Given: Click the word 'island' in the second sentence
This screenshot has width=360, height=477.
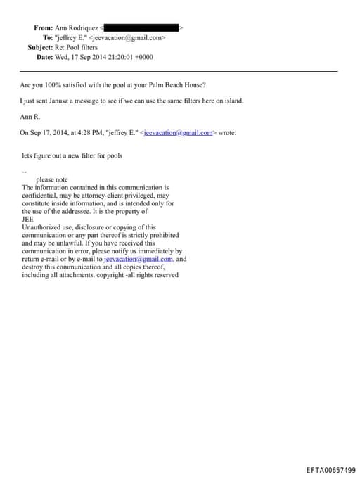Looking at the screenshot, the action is [x=232, y=101].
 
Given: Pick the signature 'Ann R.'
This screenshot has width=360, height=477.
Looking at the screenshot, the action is [x=30, y=116].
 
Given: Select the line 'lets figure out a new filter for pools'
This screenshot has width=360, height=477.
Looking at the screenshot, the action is [x=72, y=155].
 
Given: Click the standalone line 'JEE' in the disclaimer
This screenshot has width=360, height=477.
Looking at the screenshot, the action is [x=27, y=219].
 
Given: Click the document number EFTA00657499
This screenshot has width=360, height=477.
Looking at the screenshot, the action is [x=330, y=469].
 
